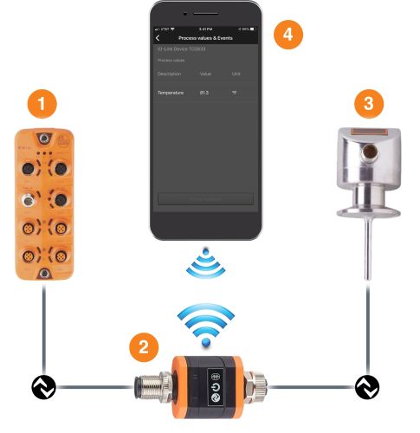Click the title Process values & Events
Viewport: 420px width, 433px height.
207,38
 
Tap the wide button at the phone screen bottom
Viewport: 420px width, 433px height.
205,198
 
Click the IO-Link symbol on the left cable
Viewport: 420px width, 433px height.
42,386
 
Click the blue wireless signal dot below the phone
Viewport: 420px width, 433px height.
205,252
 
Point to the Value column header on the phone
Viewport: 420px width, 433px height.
205,74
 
